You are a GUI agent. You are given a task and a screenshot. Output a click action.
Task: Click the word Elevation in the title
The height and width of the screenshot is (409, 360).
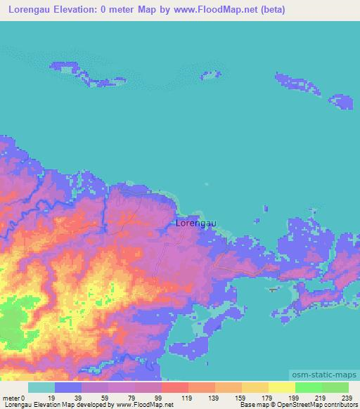tap(80, 10)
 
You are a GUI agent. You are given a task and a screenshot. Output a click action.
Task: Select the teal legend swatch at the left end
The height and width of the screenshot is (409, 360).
tap(41, 387)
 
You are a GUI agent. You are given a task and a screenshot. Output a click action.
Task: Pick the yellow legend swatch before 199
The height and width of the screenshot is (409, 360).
tap(281, 387)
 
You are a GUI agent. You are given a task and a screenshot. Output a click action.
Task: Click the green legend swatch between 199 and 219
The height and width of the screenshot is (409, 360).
tap(308, 387)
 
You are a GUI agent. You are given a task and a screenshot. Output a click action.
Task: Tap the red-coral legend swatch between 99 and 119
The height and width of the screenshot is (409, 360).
tap(174, 387)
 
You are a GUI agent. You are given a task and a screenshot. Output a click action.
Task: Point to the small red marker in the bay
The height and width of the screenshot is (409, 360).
tap(273, 288)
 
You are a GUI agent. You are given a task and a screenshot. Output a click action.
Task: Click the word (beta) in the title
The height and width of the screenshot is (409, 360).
tap(269, 10)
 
